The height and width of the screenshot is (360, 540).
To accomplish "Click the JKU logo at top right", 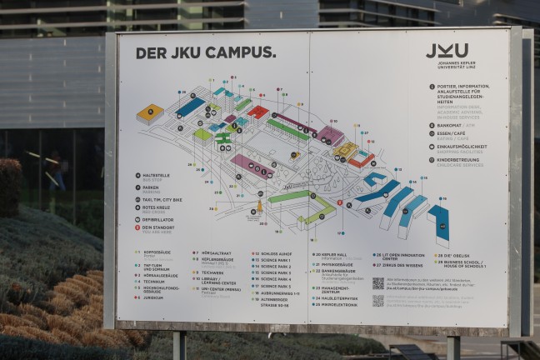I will (447, 51).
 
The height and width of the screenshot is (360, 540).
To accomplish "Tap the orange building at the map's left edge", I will (150, 113).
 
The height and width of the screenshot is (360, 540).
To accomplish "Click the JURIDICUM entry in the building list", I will (152, 297).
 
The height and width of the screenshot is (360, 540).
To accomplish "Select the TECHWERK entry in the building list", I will (212, 272).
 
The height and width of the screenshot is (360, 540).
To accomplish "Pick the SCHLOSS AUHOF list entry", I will (274, 252).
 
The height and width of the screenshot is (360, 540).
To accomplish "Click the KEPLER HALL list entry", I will (332, 254).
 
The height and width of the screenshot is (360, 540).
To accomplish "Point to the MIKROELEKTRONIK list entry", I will (337, 306).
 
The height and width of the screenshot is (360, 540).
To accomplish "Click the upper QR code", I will (378, 284).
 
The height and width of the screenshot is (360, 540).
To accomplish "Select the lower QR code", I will (378, 300).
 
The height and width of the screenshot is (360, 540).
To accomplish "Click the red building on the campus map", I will (257, 112).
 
